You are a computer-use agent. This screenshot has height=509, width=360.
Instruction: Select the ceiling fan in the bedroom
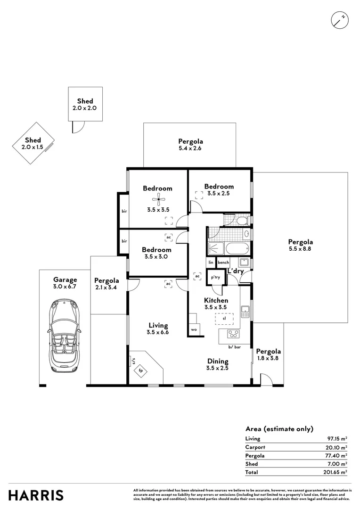157,200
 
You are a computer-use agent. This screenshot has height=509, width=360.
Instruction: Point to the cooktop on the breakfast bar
233,335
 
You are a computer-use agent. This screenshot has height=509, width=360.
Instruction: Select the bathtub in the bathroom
237,247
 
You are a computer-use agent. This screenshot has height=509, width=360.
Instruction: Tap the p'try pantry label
216,277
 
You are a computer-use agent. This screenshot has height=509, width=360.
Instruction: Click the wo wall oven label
194,329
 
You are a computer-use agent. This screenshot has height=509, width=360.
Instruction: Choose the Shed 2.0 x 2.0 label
85,104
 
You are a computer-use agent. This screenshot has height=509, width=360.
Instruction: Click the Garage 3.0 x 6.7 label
65,283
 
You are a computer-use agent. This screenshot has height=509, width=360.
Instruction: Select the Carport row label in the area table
255,447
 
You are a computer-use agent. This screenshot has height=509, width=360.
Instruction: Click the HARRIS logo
36,495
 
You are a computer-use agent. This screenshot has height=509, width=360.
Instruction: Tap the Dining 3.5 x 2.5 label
217,365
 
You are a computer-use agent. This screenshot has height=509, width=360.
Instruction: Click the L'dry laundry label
235,271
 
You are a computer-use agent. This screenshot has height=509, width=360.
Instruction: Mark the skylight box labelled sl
225,319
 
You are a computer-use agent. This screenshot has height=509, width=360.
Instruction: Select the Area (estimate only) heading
279,428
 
